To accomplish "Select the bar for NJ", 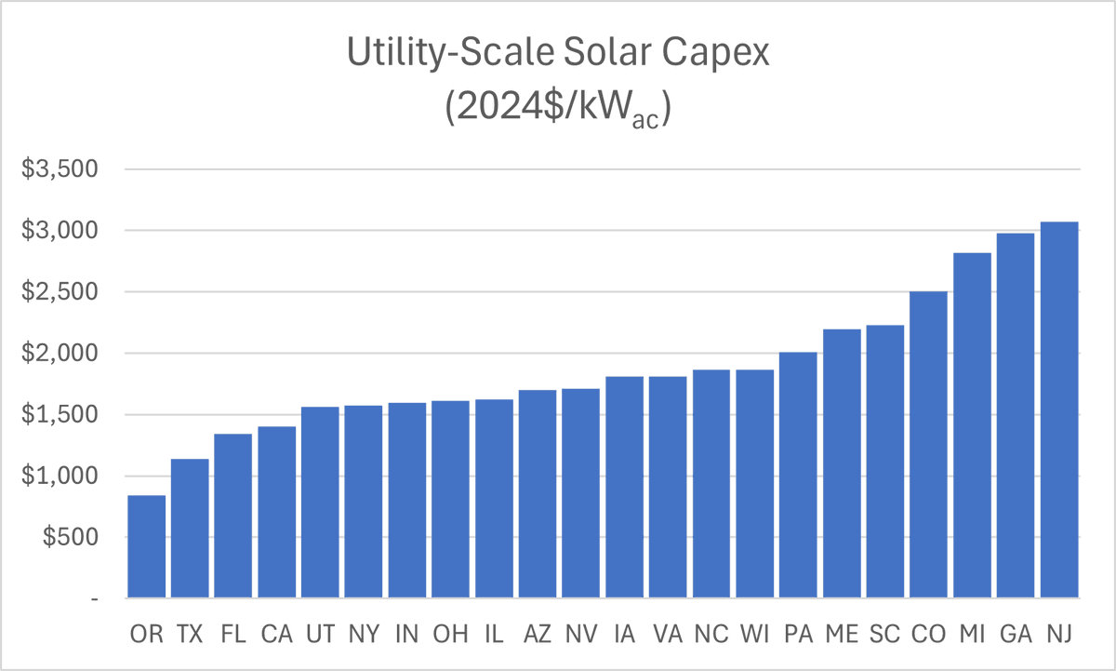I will (x=1059, y=409).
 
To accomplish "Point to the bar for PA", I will (x=798, y=475).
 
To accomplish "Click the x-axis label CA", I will (x=276, y=635).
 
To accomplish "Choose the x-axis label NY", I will (x=364, y=635).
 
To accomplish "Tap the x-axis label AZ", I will (x=538, y=635).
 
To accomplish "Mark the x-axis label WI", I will (x=754, y=635).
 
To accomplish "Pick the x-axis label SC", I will (x=885, y=635).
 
